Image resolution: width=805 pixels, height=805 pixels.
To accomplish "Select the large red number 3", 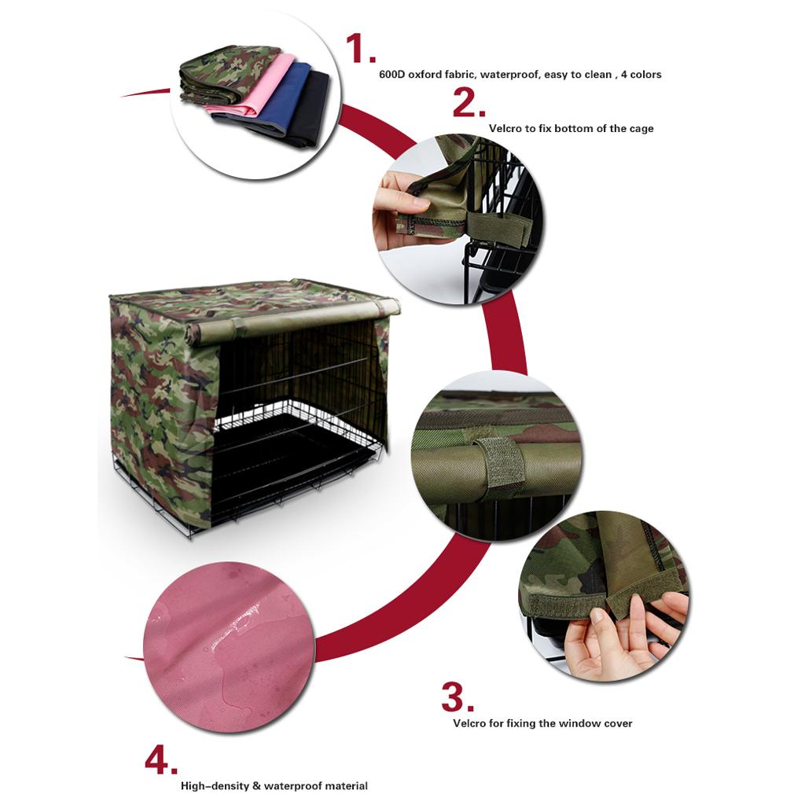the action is (x=458, y=697).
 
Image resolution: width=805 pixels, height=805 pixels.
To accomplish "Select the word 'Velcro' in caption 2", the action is (x=505, y=128).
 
